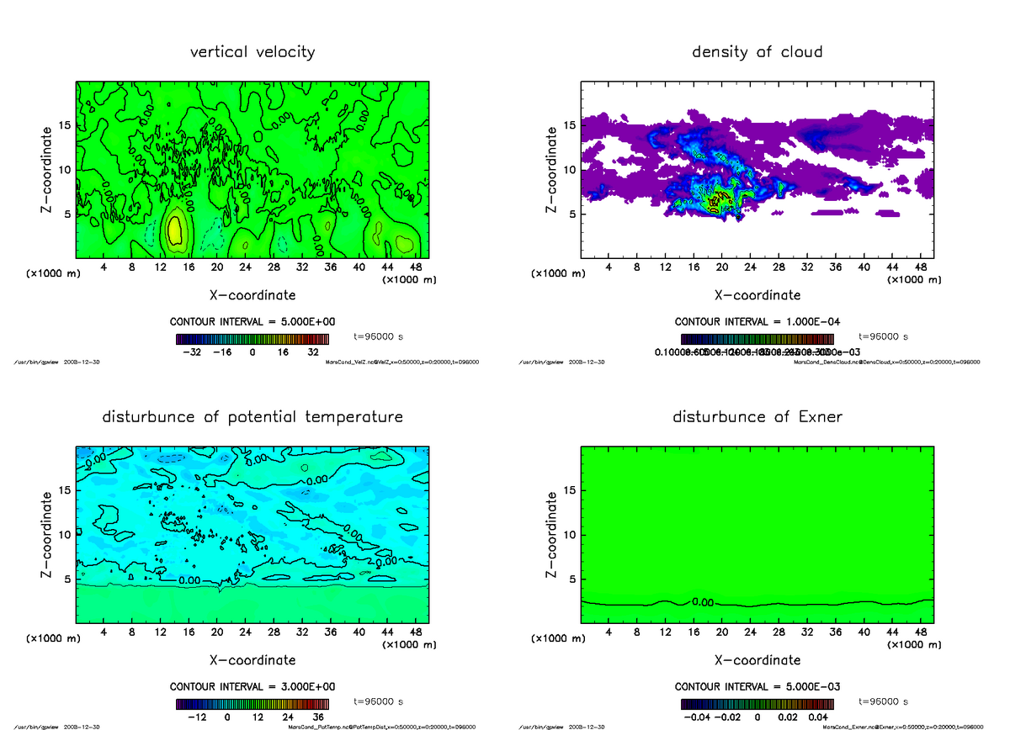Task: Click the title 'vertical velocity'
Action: click(252, 52)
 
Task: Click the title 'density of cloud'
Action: click(757, 52)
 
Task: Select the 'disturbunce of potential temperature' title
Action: click(252, 417)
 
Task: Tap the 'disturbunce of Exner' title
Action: click(757, 417)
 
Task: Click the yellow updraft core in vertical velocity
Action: click(174, 230)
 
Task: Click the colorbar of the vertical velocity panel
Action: click(252, 339)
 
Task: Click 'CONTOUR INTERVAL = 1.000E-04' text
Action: click(757, 322)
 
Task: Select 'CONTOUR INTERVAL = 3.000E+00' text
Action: click(252, 686)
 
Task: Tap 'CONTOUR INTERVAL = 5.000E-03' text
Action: click(757, 686)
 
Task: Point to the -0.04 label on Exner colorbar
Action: click(700, 717)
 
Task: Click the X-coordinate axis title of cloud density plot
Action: click(757, 295)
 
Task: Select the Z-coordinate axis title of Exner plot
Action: click(552, 535)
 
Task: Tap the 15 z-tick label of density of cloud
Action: click(570, 125)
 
